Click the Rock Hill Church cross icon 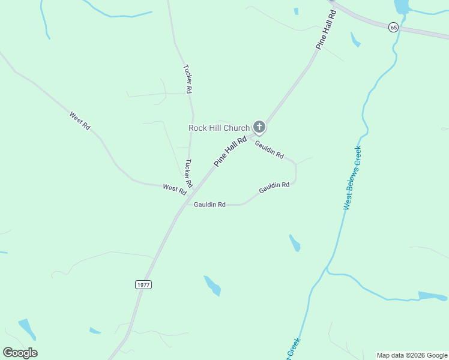point(259,127)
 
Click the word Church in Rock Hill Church point(236,128)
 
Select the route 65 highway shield point(393,28)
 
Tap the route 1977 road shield point(143,285)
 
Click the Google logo point(20,353)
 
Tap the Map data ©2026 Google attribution point(412,355)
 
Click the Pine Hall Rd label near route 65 point(325,29)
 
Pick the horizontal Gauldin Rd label point(209,205)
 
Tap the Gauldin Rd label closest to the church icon point(269,149)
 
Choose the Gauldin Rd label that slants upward point(274,188)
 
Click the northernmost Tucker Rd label point(187,79)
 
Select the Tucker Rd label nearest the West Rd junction point(188,173)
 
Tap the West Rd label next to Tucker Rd point(174,188)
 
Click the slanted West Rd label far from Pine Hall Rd point(79,121)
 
